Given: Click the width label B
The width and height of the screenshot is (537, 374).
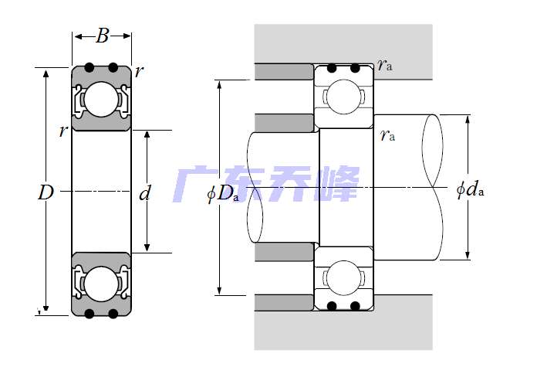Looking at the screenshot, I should [103, 35].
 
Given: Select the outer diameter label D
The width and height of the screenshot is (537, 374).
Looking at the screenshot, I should [45, 193].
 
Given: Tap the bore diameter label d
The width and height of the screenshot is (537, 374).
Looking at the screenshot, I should [144, 193].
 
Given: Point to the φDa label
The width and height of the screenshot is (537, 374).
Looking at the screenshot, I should [223, 193].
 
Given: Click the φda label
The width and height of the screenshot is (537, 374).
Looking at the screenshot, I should [470, 189].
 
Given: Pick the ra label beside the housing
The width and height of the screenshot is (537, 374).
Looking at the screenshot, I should [385, 65].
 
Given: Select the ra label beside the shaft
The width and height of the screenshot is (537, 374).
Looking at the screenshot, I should [387, 136].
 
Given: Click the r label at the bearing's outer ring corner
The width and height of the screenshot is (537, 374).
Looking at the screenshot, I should [138, 72].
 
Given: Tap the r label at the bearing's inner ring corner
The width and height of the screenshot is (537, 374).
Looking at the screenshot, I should [62, 131].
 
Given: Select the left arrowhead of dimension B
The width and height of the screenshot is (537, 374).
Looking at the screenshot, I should [76, 35].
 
